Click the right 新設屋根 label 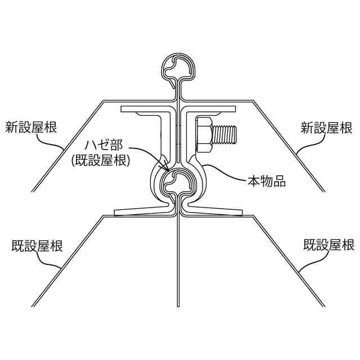click(x=326, y=128)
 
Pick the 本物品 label click(x=268, y=181)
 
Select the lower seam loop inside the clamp click(x=178, y=181)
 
